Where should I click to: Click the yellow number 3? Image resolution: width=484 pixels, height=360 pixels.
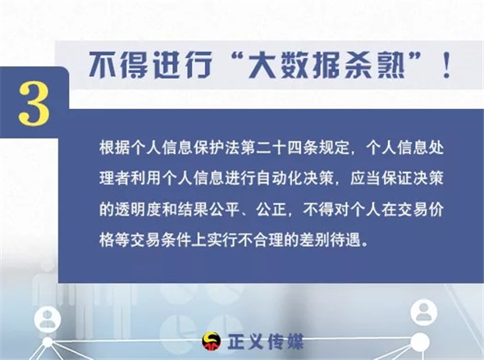point(34,103)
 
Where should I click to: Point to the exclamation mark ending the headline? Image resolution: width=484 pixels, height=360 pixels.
point(446,65)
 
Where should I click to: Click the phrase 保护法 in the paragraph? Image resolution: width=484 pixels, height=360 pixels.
point(217,148)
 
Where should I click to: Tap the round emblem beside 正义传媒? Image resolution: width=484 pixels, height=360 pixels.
point(212,341)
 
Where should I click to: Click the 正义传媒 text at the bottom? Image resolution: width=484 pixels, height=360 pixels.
point(266,341)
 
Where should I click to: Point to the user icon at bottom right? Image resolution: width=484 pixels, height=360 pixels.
point(424,312)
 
